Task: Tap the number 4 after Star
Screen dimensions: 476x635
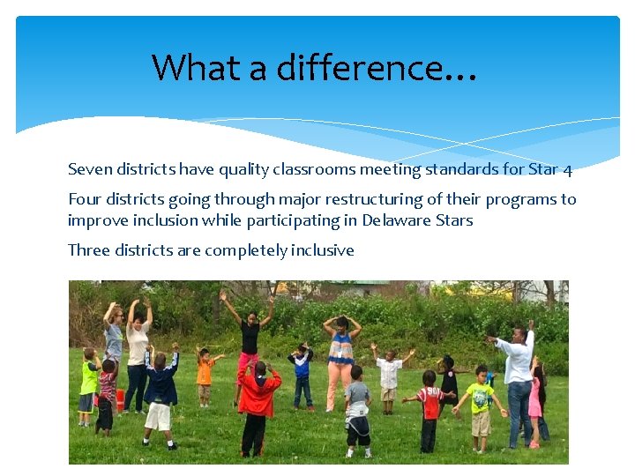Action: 568,169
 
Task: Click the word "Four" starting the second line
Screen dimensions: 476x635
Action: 85,199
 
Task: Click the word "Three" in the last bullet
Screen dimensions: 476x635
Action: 88,250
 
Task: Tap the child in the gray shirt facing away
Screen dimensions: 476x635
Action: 357,410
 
